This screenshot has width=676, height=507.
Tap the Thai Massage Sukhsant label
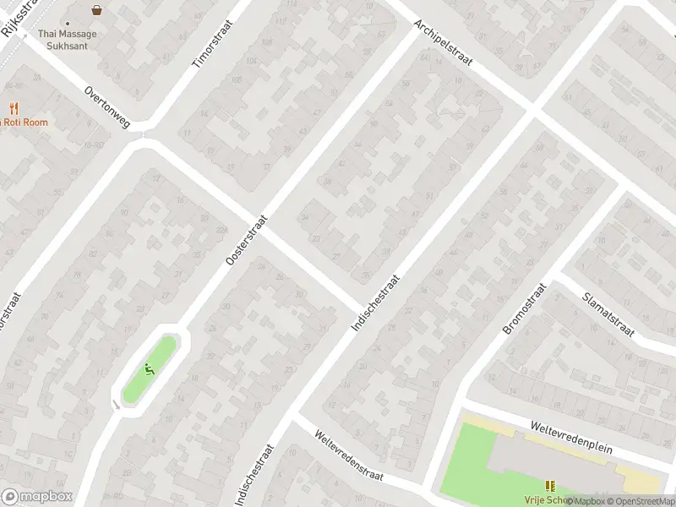coord(68,39)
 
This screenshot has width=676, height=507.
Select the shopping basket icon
coord(97,11)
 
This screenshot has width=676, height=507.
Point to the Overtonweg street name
coord(107,106)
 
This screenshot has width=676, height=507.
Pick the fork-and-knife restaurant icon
coord(14,108)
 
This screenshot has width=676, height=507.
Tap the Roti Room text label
coord(25,123)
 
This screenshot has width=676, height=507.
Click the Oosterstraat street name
coord(247,240)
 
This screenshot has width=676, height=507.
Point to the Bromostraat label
coord(525,309)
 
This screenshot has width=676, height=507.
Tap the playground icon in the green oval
coord(150,369)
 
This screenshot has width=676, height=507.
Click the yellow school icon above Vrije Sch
coord(550,486)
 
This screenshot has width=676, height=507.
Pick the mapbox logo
coord(37,497)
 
